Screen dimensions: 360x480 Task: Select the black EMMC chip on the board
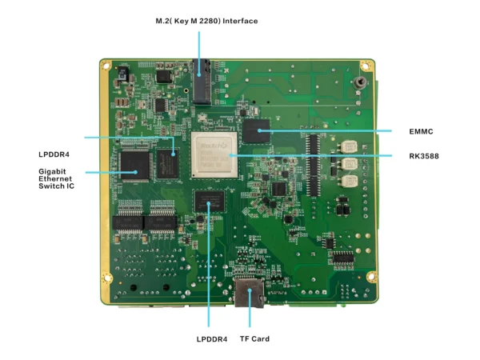(258, 130)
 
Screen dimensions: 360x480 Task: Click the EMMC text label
(419, 130)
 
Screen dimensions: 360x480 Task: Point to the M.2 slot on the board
(204, 81)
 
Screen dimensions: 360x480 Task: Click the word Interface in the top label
(238, 21)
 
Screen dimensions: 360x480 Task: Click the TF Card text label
(254, 339)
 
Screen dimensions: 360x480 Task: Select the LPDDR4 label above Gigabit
(54, 154)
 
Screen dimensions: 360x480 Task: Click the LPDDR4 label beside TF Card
(212, 339)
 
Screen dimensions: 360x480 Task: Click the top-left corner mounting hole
(106, 65)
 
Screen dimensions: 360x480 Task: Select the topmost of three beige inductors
(347, 147)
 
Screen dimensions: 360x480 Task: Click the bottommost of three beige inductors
(348, 179)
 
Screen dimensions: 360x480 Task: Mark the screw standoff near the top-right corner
(362, 82)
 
